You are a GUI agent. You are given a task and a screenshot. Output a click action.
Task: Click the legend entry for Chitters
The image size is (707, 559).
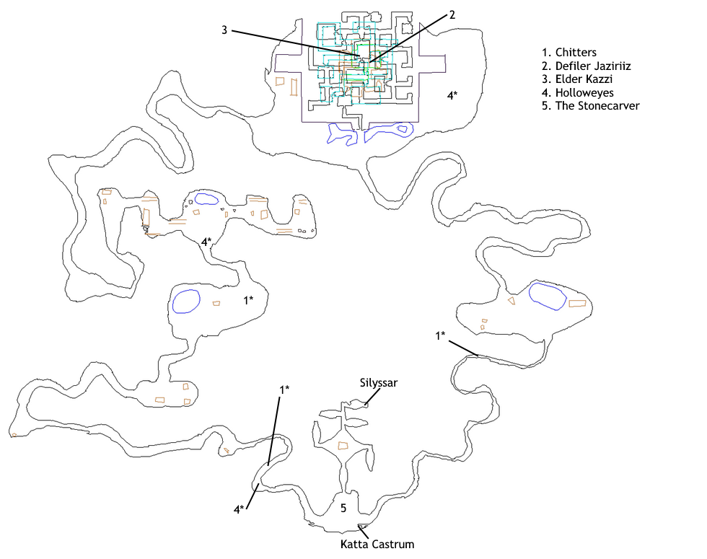coord(569,52)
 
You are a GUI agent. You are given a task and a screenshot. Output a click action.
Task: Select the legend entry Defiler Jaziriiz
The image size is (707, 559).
coord(586,66)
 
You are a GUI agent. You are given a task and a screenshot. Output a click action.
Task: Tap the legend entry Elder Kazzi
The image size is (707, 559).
coord(577,79)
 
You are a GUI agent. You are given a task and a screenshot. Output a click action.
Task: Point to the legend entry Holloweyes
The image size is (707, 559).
coord(578,92)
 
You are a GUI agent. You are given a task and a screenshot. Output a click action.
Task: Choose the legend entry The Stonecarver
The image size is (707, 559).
coord(591,105)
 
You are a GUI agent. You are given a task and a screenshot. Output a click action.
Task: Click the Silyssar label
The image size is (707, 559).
coord(379,383)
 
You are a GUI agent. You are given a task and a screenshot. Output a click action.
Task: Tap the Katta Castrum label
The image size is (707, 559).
coord(377,544)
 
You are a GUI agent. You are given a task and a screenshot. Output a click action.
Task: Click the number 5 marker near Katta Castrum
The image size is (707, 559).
coord(343,508)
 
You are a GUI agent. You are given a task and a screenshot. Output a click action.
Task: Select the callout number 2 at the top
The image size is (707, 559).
coord(452,15)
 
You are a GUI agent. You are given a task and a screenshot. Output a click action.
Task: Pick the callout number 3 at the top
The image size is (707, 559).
coord(224,30)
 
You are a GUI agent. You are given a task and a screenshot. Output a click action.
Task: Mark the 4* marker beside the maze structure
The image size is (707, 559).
coord(452,95)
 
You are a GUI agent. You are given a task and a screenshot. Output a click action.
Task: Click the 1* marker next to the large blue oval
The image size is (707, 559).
coord(248,300)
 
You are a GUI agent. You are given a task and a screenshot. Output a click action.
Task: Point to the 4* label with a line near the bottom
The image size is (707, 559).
coord(239,509)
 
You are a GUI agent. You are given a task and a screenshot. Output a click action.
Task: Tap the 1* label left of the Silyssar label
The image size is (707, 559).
coord(284,389)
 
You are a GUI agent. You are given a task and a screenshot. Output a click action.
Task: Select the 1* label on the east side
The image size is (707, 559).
coord(440,335)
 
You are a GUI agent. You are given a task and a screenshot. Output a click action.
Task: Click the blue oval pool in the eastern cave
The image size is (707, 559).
coord(548,296)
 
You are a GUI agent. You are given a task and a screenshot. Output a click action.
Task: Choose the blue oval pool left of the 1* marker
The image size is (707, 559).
coord(186,301)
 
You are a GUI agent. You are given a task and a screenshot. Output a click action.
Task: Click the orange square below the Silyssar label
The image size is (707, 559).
coord(343,446)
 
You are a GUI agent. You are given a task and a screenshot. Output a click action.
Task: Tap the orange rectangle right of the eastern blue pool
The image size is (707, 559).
coord(577,304)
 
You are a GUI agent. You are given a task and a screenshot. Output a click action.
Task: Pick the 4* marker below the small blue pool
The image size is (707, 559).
coord(206,242)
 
